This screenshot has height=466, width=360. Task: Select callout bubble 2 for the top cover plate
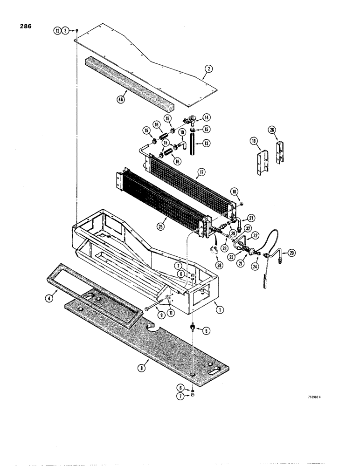coord(208,69)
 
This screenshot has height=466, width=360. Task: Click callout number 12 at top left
coord(57,30)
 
